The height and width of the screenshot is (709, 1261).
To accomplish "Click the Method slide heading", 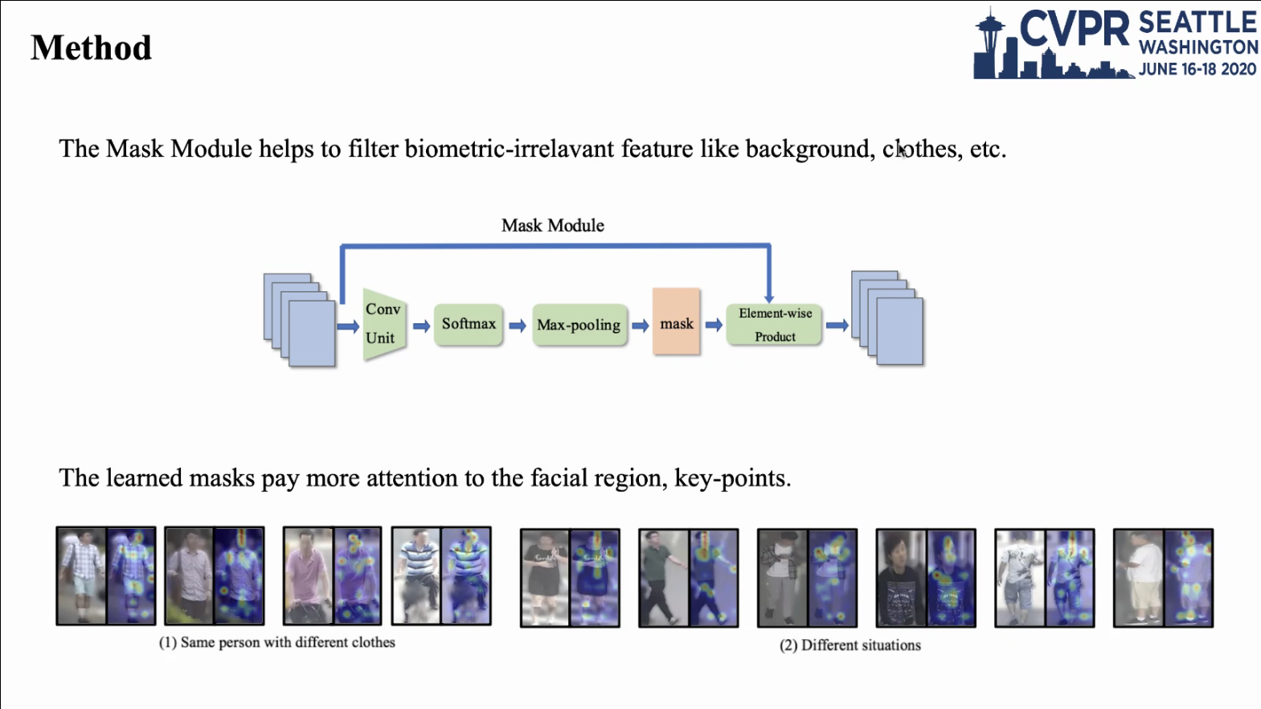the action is (x=91, y=47).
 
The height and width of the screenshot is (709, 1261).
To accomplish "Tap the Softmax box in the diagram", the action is (x=469, y=325).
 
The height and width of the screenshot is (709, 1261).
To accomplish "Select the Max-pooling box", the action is (x=579, y=325).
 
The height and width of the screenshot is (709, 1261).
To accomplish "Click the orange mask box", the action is (x=676, y=322).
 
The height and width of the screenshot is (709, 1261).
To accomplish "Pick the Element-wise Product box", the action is (x=774, y=325).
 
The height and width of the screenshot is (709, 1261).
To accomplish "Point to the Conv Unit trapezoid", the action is (x=384, y=324).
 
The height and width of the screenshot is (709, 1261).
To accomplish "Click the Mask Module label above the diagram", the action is (x=553, y=225).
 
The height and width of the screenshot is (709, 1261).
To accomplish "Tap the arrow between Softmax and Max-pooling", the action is (x=518, y=326).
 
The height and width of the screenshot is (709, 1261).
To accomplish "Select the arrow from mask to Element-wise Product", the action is (x=714, y=325).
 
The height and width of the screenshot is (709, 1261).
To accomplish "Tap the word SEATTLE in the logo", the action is (x=1198, y=23).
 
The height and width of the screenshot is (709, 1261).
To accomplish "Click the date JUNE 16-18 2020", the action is (x=1198, y=69).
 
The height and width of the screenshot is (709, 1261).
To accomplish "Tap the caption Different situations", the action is (x=861, y=645).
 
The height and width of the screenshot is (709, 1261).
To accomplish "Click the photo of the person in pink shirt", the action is (x=308, y=576).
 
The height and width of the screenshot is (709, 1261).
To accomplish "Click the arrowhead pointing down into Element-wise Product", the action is (x=769, y=298).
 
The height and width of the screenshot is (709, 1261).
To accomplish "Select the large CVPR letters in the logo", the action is (x=1074, y=29).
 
